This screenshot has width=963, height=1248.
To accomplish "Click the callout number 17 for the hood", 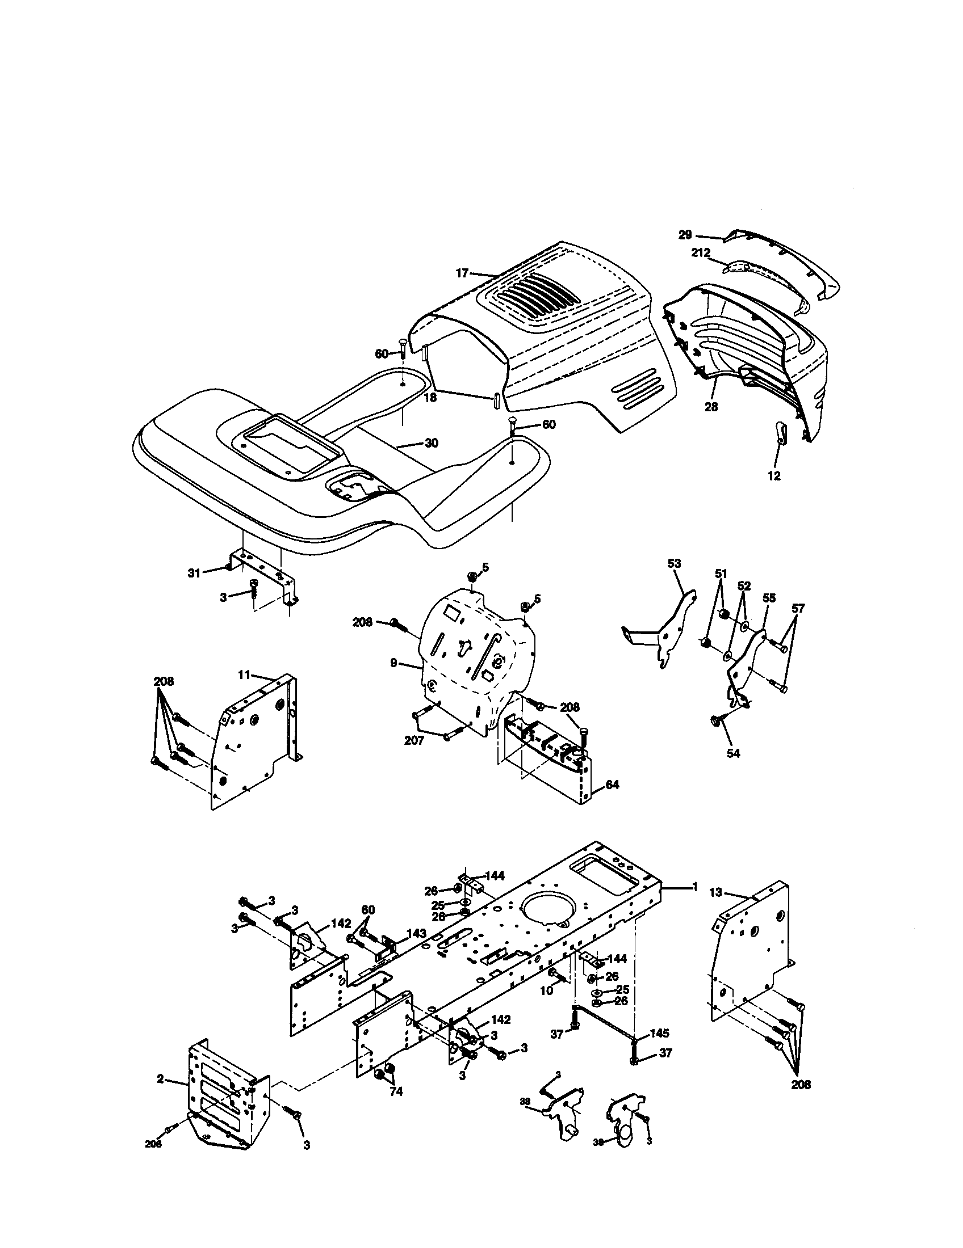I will pos(462,273).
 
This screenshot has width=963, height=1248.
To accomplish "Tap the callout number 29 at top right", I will pos(685,234).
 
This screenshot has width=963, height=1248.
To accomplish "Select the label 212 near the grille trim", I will pos(701,252).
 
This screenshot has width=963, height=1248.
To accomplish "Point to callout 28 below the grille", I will pos(711,407).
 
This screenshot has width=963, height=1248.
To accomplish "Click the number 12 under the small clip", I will pos(774,476).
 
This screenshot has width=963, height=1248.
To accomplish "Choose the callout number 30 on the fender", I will pos(431,443).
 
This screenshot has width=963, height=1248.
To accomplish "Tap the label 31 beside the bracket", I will pos(194,572).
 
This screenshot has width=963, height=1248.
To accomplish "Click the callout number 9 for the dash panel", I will pos(393,663).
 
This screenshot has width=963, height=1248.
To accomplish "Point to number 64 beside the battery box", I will pos(612,785).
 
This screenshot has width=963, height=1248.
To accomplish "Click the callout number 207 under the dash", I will pos(414,740).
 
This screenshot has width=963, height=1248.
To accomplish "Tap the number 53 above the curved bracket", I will pos(674,563).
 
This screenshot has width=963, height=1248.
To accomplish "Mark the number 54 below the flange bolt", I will pos(733,754).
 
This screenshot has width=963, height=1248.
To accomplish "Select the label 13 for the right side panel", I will pos(716,892).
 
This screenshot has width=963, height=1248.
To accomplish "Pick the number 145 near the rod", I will pos(659,1033).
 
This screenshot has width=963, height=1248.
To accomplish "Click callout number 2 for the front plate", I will pos(161,1079).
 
